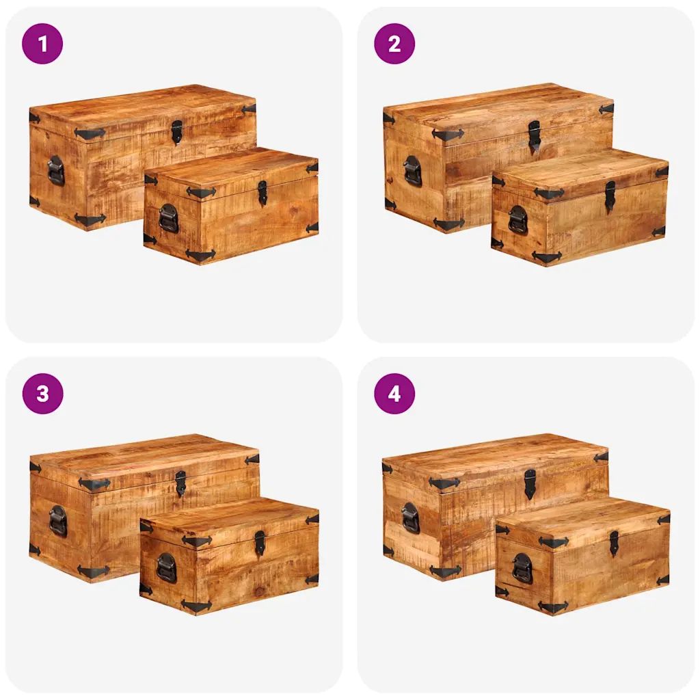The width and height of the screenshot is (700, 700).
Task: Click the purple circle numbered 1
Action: tap(42, 44)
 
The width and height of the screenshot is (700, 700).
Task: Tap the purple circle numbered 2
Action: tap(394, 44)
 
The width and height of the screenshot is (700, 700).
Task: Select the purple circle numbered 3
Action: tap(42, 394)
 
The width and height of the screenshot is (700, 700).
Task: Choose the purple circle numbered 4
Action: tap(394, 394)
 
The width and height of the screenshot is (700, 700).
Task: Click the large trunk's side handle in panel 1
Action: tap(56, 170)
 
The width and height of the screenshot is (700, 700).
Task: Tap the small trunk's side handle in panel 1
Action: tap(168, 218)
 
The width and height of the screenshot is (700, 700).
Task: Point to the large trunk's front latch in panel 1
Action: tap(177, 132)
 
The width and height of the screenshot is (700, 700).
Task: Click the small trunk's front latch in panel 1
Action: tap(262, 193)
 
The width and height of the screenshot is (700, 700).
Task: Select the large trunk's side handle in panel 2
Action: tap(412, 170)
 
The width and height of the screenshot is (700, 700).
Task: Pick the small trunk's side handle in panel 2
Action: tap(517, 219)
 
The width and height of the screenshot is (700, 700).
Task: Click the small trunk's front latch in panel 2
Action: tap(610, 196)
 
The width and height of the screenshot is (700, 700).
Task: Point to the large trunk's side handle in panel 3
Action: tap(58, 520)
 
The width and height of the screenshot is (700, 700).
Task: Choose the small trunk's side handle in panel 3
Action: tap(166, 568)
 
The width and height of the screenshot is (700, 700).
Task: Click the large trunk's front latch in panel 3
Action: tap(180, 483)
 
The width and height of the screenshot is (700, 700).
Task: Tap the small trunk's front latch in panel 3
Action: tap(259, 543)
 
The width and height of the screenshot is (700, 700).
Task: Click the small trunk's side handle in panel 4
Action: tap(522, 568)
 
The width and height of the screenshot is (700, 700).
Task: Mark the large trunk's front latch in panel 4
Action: tap(530, 484)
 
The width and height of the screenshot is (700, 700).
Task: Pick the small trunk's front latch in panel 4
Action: tap(615, 543)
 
